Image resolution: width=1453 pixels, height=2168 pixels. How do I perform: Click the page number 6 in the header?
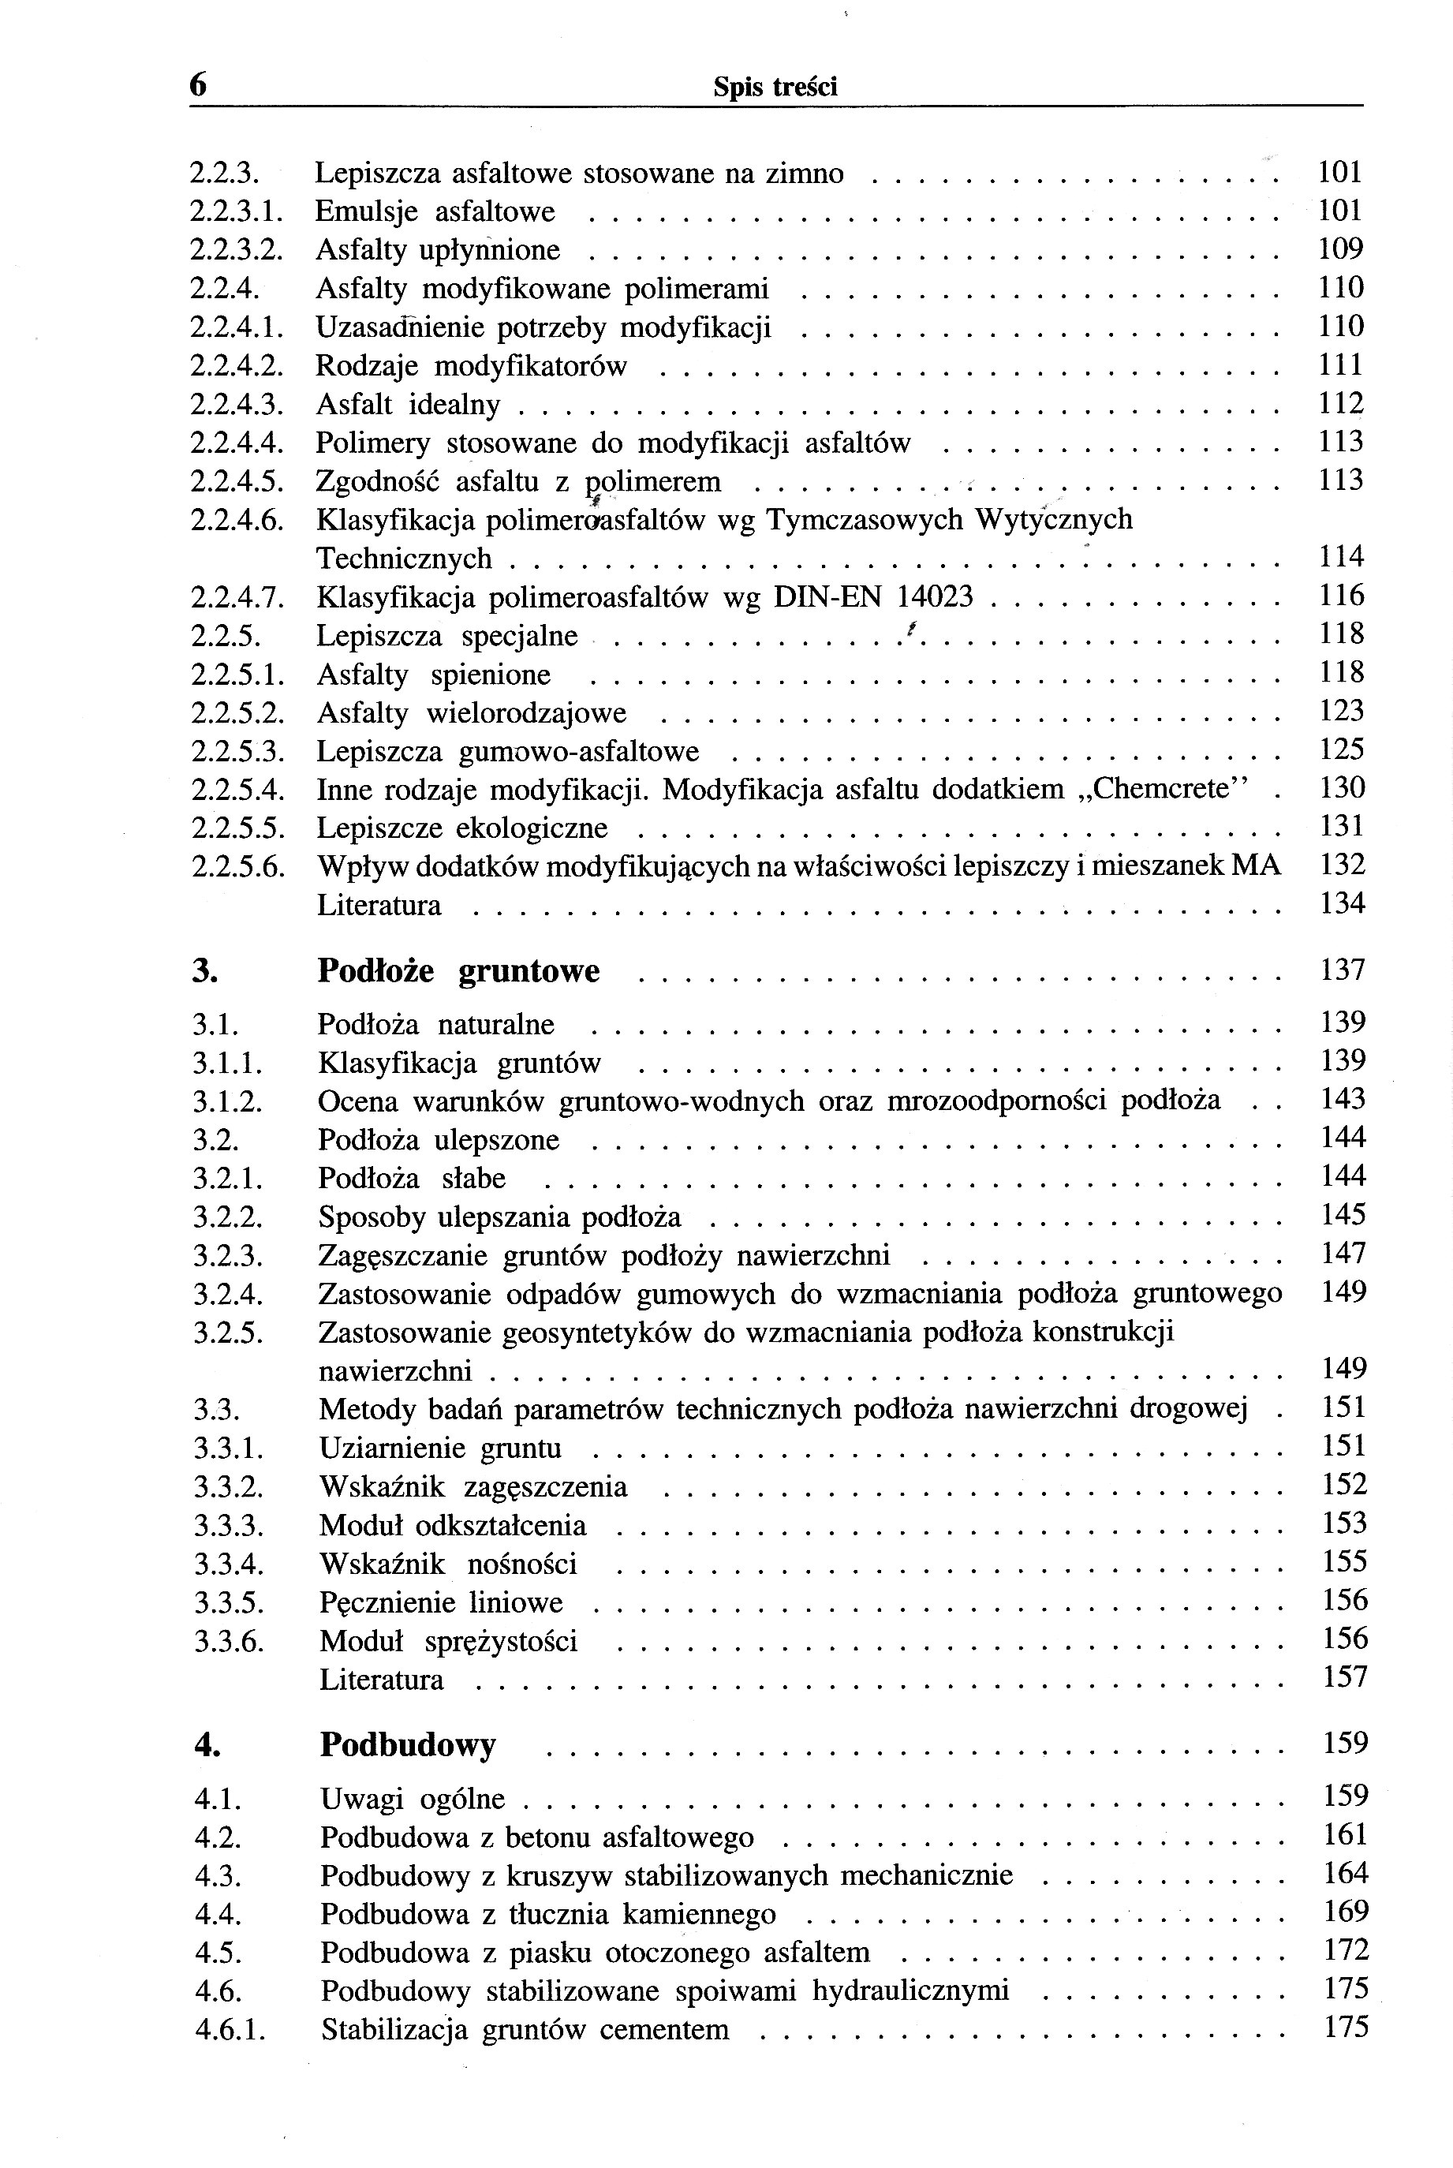198,85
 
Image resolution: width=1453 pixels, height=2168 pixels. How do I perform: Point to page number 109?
1341,249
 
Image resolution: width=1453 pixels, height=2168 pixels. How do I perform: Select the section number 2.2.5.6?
237,866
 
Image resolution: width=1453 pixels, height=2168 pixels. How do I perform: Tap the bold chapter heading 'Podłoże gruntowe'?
458,971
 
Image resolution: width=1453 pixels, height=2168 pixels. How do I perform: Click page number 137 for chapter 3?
1343,970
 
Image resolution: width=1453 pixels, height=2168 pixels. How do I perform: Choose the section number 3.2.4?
228,1294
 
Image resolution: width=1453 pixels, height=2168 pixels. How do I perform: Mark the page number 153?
1345,1523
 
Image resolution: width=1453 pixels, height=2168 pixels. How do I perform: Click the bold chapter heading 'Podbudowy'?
408,1745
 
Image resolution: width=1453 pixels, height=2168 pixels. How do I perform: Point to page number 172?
1346,1951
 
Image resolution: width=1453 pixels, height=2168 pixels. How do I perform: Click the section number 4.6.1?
230,2031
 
